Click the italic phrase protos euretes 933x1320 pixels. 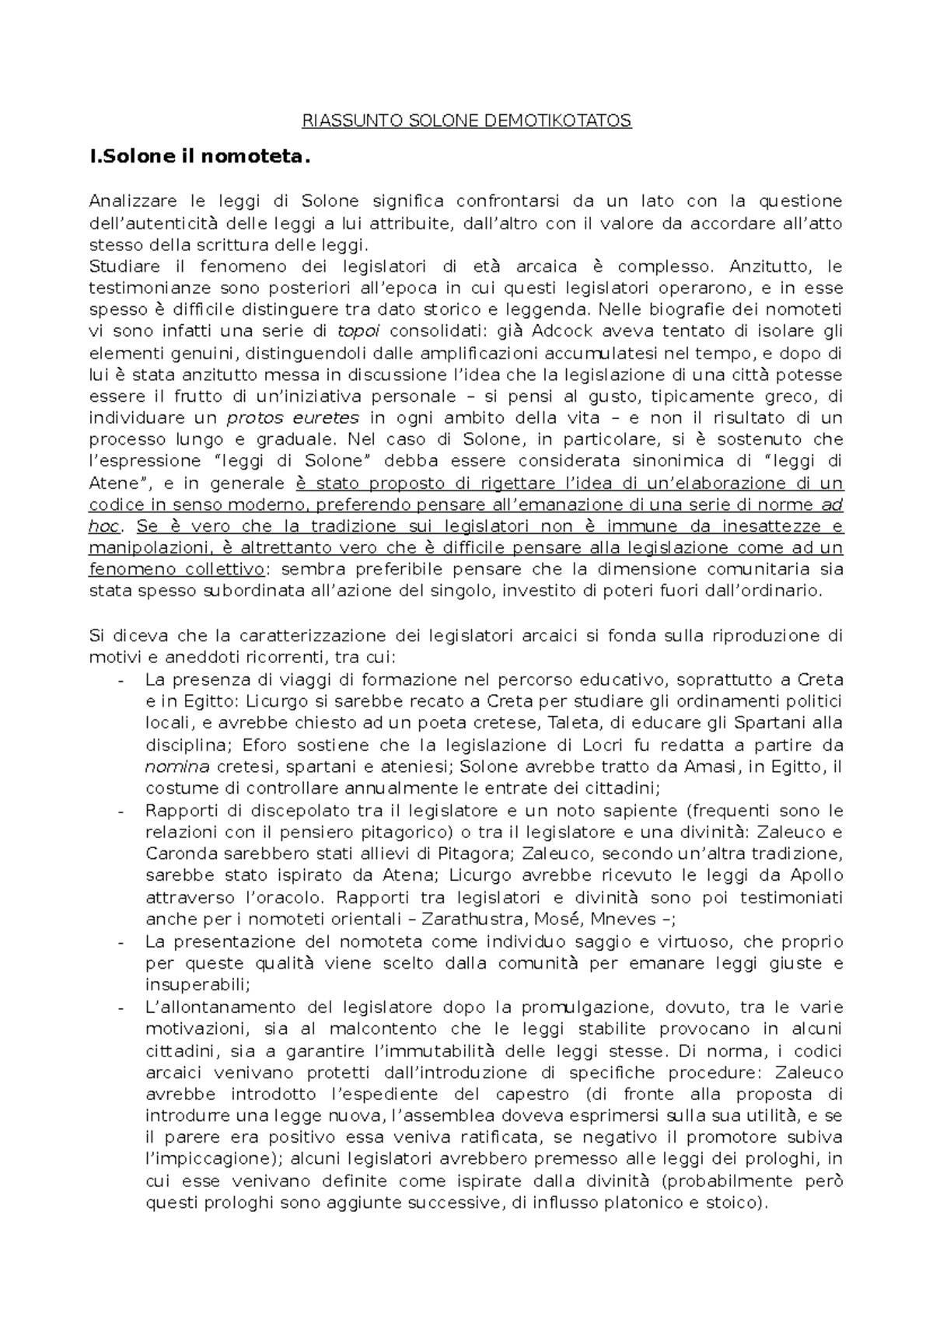[x=292, y=417]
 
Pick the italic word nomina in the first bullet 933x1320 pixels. [x=177, y=767]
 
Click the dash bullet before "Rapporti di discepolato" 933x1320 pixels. [x=121, y=811]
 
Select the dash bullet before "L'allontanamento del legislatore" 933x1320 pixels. [x=121, y=1007]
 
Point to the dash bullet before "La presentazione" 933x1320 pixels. [x=121, y=942]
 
